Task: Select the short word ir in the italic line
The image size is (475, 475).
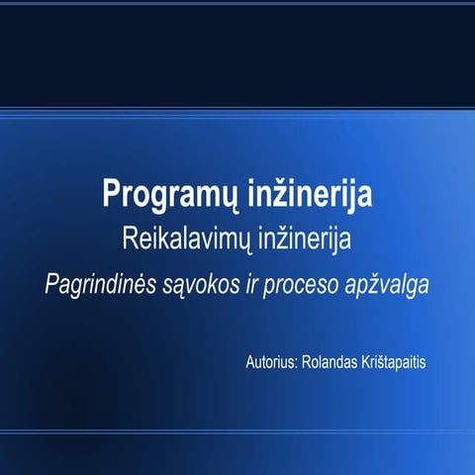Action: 260,283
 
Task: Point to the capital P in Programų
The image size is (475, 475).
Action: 111,194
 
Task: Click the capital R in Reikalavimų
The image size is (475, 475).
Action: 128,238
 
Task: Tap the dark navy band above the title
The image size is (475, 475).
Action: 237,49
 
